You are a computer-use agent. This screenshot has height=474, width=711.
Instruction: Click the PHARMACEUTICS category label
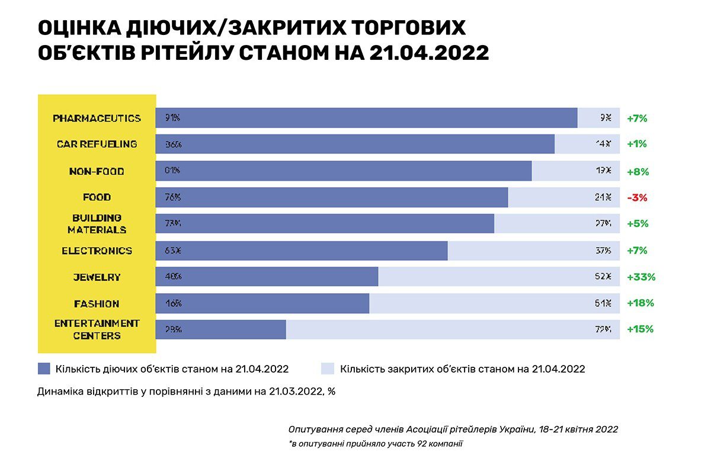[97, 118]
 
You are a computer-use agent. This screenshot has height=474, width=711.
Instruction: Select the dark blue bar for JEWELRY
[267, 277]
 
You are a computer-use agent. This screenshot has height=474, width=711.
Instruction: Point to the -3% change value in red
[637, 198]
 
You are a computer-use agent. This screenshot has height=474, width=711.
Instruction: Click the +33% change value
[640, 277]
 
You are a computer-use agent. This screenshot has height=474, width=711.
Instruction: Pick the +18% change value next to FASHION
[640, 303]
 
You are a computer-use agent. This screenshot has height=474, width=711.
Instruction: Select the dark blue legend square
[44, 369]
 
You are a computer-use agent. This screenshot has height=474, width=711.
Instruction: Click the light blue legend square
[327, 369]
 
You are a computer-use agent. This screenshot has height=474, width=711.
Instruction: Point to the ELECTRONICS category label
[97, 251]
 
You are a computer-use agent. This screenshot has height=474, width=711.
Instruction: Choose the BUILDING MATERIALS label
[97, 223]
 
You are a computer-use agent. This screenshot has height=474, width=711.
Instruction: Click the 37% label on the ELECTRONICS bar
[603, 251]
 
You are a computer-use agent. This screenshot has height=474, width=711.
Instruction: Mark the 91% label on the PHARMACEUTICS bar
[172, 118]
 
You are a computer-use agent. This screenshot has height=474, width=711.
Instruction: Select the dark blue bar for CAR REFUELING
[355, 144]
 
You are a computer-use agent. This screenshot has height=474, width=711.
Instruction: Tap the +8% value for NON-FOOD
[638, 172]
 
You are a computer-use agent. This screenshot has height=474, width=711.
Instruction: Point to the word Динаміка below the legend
[61, 391]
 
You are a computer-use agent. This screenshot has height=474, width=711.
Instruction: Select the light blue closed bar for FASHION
[494, 303]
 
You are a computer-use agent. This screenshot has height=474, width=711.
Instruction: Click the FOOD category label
[97, 197]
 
